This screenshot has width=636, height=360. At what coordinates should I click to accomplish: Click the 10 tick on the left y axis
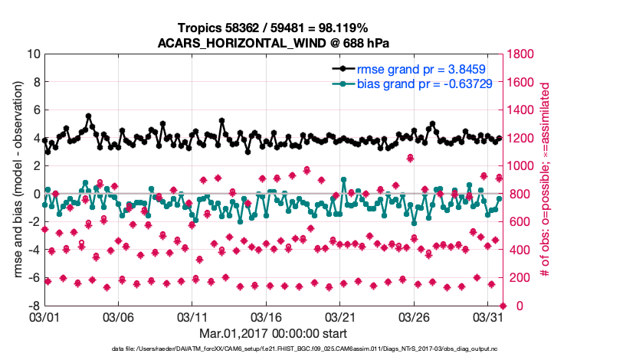(33, 54)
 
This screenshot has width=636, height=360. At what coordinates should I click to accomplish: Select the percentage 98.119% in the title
(343, 28)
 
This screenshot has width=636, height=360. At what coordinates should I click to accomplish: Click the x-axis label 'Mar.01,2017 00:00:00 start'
(274, 333)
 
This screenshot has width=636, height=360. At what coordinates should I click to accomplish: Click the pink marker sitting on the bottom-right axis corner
(502, 306)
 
